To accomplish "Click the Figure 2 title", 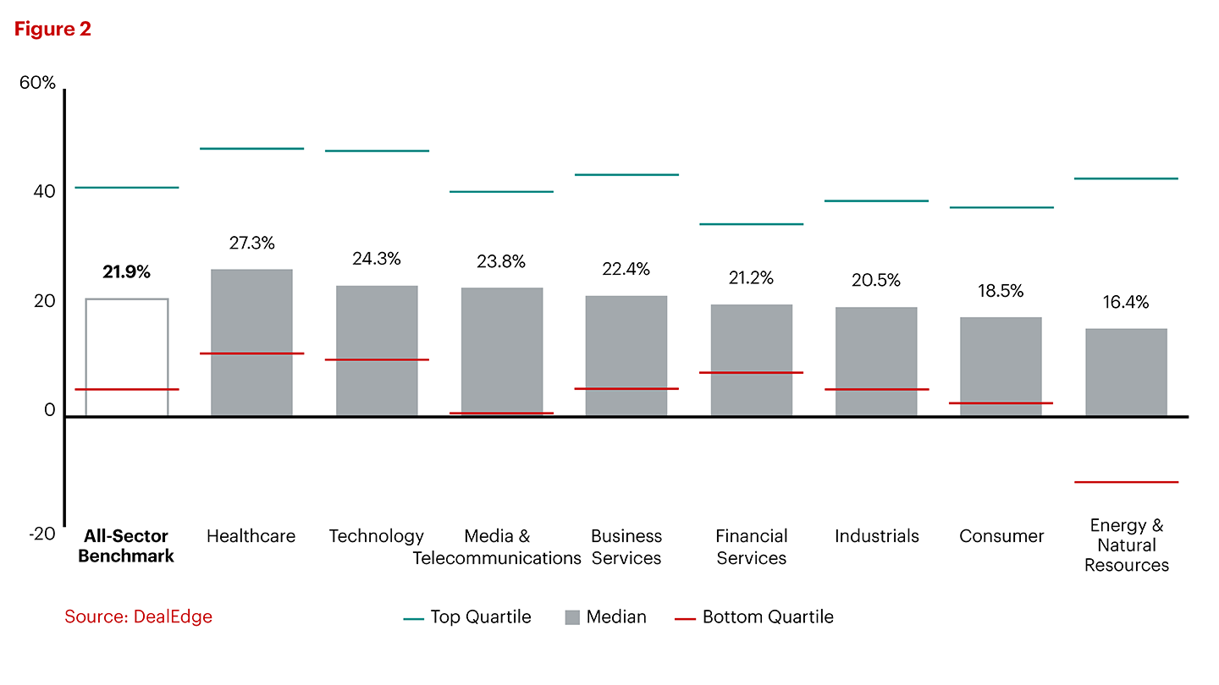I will point(52,29).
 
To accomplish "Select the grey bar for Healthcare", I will point(251,342).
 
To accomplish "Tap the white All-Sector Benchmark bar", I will point(127,356).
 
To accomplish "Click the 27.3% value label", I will point(251,243).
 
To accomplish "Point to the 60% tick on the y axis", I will point(38,83).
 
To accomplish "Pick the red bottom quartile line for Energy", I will point(1126,482).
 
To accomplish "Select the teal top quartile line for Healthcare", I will point(251,149).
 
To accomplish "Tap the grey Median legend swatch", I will point(572,618).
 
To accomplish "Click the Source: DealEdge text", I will point(138,616).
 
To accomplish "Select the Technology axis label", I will point(376,536).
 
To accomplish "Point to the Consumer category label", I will point(1001,536).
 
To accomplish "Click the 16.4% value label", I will point(1125,303).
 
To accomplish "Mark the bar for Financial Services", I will point(751,359).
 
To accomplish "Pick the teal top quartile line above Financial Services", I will point(751,224).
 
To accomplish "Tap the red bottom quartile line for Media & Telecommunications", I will point(501,413).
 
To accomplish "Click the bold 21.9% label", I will point(126,272).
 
